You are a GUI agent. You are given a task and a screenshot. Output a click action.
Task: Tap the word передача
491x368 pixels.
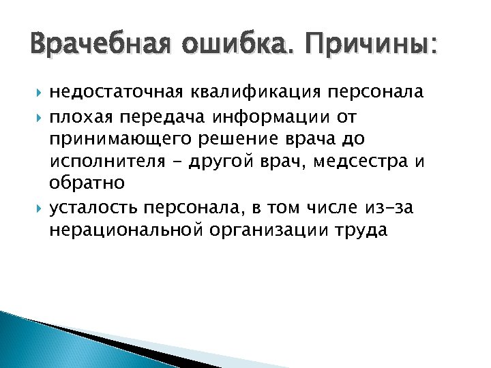162,116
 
